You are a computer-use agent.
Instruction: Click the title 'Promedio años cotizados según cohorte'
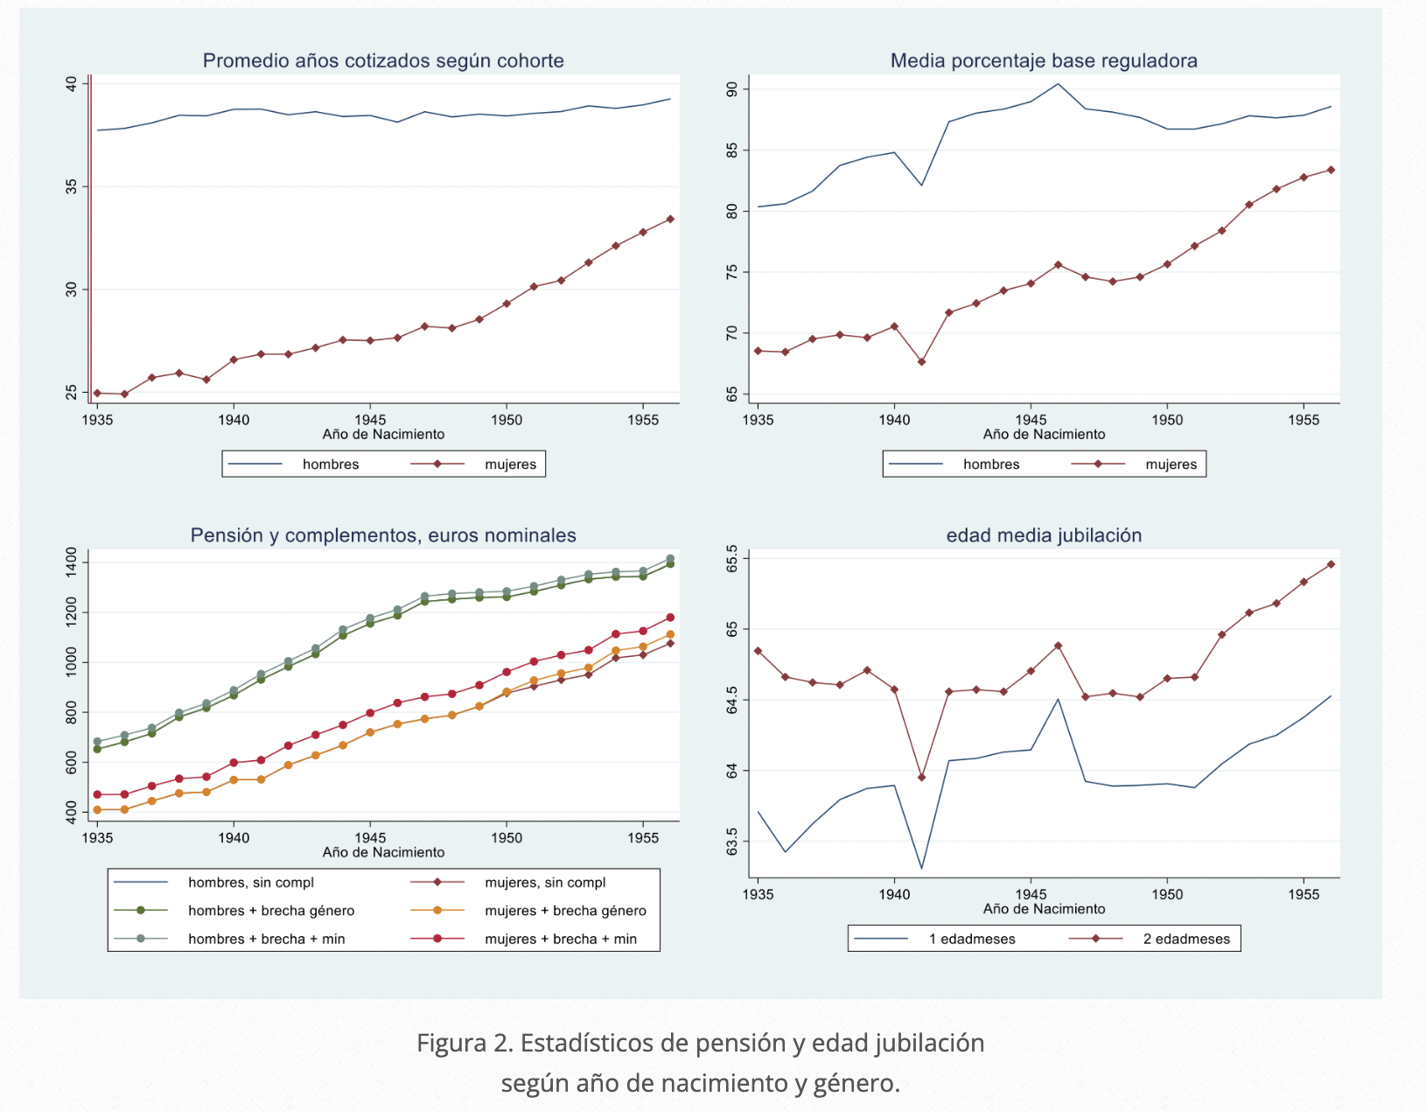click(x=383, y=60)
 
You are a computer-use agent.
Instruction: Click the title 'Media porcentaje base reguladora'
click(x=1044, y=60)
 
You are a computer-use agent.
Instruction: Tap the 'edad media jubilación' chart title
click(x=1044, y=535)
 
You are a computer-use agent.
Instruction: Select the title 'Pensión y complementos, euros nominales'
click(x=383, y=535)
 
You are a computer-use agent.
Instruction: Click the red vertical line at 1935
click(x=91, y=236)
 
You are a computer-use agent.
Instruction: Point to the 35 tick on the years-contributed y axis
click(x=72, y=186)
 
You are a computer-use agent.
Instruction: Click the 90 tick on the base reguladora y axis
click(x=732, y=89)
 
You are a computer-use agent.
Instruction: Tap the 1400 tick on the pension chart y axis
click(x=72, y=562)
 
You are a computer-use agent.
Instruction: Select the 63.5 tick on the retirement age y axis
click(x=732, y=842)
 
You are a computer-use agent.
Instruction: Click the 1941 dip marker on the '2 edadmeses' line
click(x=921, y=777)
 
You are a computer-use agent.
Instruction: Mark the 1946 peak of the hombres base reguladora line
click(x=1058, y=84)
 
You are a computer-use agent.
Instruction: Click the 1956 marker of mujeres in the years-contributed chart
click(x=670, y=219)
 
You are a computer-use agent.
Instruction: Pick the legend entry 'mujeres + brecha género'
click(x=565, y=911)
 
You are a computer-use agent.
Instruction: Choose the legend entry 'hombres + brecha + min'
click(x=266, y=939)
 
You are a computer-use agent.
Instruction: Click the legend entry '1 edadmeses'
click(x=972, y=939)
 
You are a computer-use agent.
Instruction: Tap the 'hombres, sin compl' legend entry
click(x=250, y=883)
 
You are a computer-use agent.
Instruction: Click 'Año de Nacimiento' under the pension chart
click(x=383, y=852)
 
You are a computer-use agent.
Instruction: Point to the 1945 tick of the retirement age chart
click(x=1031, y=894)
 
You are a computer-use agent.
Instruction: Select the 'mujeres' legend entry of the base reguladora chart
click(x=1171, y=465)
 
